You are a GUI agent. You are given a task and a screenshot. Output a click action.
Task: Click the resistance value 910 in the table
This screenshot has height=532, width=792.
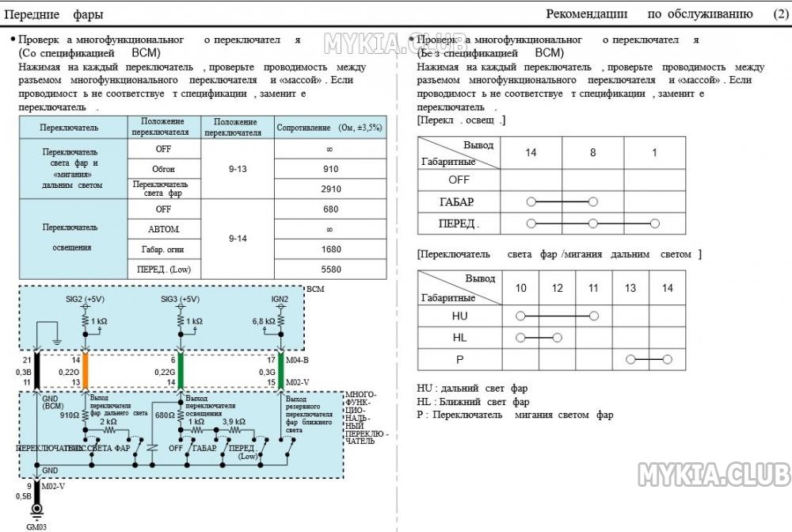coord(330,169)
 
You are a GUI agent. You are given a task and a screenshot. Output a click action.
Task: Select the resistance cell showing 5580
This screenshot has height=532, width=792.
coord(330,270)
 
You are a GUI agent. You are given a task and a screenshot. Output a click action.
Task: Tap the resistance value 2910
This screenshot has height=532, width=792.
coord(330,189)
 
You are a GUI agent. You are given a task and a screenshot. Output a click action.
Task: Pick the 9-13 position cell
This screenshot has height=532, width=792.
coord(238,169)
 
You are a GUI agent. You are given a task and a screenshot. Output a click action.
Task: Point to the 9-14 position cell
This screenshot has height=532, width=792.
coord(238,239)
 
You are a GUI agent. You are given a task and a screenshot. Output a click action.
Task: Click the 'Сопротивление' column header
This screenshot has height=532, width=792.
coord(329,127)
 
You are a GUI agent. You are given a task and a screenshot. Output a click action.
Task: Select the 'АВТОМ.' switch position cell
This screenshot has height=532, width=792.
coord(163,229)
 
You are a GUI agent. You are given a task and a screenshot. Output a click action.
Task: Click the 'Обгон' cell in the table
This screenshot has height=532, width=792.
coord(163,169)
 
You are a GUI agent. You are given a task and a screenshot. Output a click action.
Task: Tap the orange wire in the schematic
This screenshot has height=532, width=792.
coord(86,370)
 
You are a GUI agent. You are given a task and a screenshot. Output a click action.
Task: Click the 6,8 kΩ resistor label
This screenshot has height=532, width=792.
coord(263,322)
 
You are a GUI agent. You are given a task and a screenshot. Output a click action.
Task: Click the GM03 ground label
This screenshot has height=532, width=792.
coord(37,526)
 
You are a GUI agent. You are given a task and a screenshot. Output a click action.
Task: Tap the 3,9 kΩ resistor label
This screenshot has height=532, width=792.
coord(234,421)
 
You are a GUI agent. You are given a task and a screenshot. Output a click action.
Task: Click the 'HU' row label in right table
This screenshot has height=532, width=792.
coord(459,316)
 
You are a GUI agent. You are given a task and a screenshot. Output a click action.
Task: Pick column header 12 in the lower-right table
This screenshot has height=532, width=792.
coord(558,288)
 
